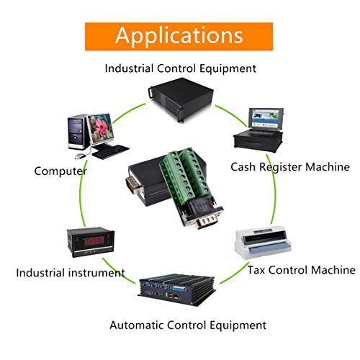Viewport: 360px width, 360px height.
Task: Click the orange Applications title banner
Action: tap(179, 37)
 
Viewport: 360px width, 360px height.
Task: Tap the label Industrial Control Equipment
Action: tap(181, 68)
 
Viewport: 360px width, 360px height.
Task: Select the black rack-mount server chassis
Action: tap(181, 100)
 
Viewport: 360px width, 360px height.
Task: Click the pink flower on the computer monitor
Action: tap(102, 127)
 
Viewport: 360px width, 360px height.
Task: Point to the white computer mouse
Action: tap(80, 156)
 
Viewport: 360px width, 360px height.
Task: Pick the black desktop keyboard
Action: tap(111, 152)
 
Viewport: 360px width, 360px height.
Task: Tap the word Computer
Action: tap(60, 171)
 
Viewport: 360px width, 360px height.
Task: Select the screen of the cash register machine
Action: tap(266, 119)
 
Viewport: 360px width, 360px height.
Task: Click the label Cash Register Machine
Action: tap(290, 167)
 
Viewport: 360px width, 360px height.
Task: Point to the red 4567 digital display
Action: tap(94, 240)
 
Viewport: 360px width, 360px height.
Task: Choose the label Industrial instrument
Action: tap(71, 273)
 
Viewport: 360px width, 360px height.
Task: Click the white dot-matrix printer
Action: tap(263, 243)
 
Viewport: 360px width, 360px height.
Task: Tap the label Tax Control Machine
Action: tap(302, 270)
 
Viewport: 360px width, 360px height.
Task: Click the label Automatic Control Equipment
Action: tap(188, 325)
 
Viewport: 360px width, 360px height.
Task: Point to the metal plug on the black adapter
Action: tap(133, 184)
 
